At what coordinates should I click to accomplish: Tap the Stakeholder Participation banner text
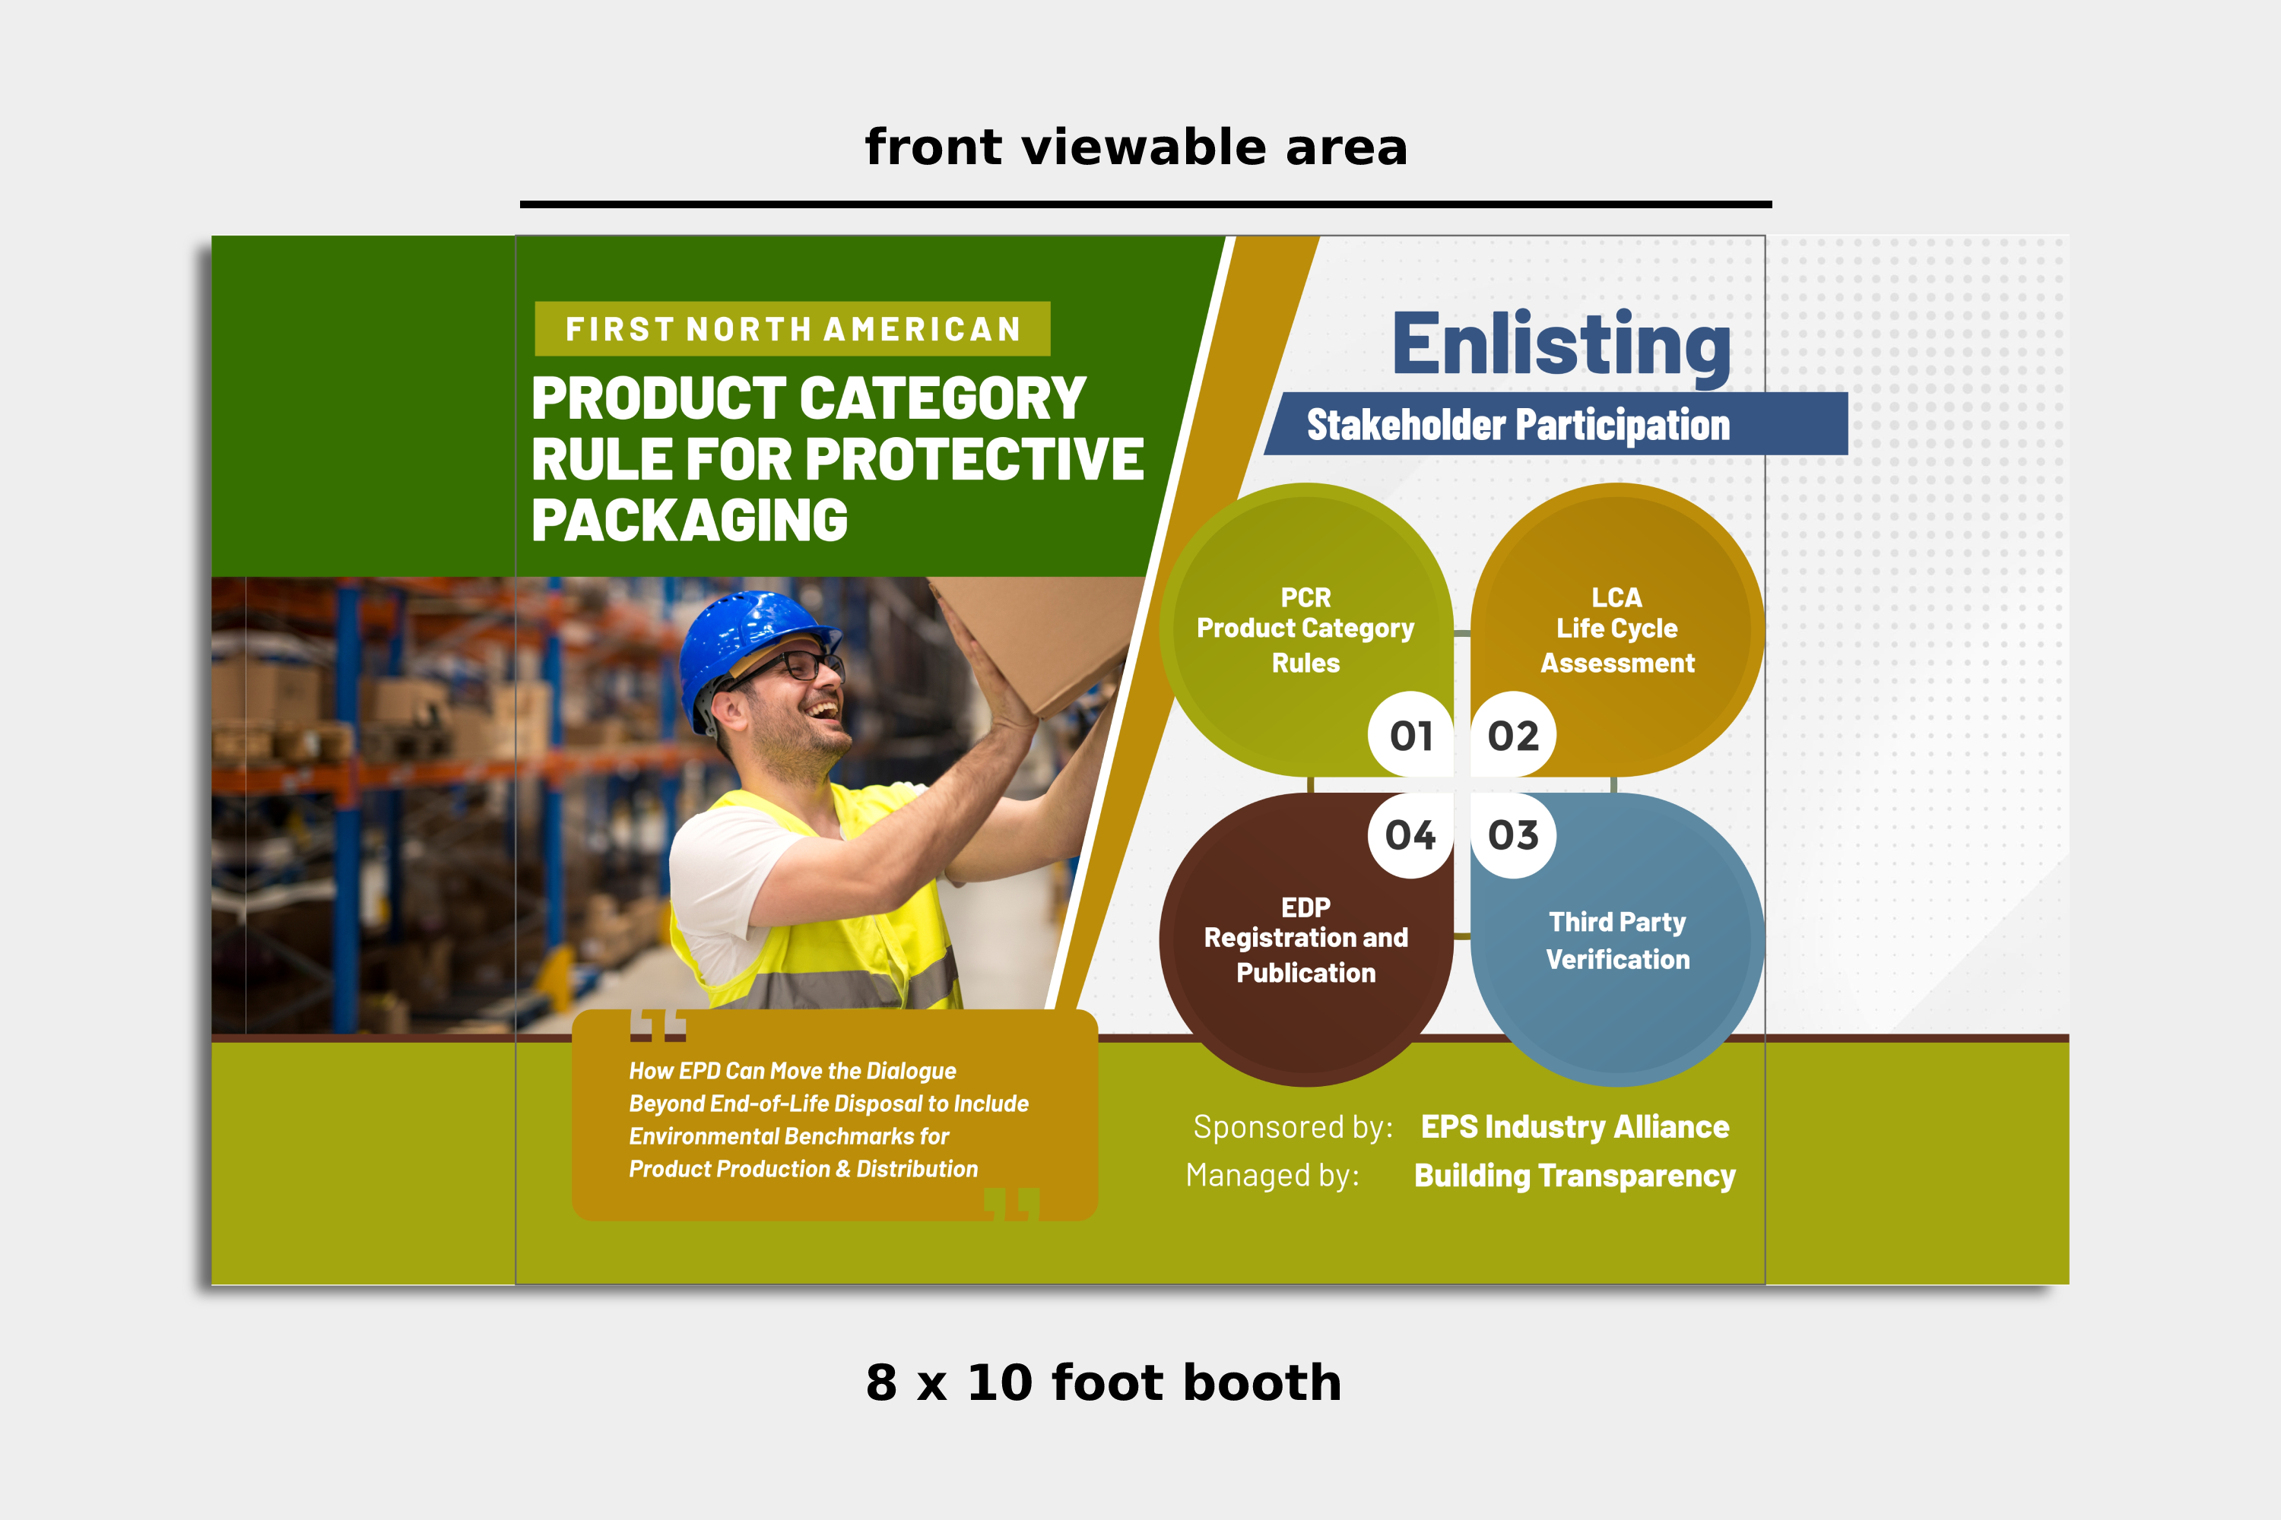click(x=1518, y=425)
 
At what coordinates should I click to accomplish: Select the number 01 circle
click(x=1411, y=735)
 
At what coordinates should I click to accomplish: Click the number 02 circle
click(x=1513, y=735)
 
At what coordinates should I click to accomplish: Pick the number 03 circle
click(x=1513, y=835)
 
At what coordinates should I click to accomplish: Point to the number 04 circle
click(x=1411, y=835)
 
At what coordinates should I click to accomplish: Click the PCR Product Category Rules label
click(x=1305, y=630)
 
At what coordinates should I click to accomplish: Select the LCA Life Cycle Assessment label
click(x=1616, y=630)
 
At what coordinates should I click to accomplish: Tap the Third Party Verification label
click(x=1616, y=940)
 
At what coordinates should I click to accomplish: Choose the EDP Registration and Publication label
click(x=1305, y=940)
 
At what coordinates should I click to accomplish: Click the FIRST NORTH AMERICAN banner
click(x=792, y=328)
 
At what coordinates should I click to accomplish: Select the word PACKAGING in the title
click(x=690, y=521)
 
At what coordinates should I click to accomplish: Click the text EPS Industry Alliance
click(x=1575, y=1126)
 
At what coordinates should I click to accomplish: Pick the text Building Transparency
click(x=1575, y=1176)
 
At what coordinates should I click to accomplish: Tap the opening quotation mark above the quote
click(x=658, y=1024)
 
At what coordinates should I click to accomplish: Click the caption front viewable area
click(x=1136, y=147)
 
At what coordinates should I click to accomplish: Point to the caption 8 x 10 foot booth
click(x=1104, y=1382)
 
